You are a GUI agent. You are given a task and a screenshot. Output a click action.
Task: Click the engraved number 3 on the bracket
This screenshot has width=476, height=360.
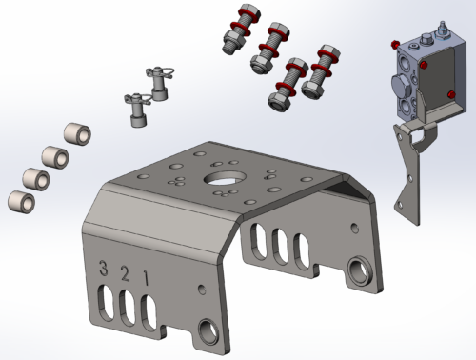103,269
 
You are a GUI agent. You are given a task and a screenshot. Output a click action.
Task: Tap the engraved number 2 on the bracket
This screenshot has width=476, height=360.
126,274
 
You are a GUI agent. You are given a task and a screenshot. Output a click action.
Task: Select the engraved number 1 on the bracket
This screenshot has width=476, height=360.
146,278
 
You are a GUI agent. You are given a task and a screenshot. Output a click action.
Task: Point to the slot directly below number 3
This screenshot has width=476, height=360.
107,303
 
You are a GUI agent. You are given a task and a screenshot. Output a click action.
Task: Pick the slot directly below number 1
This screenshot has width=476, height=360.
149,313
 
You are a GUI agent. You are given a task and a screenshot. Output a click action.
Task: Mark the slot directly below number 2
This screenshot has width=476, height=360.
128,309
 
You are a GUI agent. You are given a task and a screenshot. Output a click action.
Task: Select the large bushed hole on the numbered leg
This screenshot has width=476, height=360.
208,332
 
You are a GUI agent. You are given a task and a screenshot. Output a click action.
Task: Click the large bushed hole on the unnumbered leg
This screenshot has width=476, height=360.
361,270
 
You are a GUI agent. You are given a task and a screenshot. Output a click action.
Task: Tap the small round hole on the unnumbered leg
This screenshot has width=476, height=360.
355,228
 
